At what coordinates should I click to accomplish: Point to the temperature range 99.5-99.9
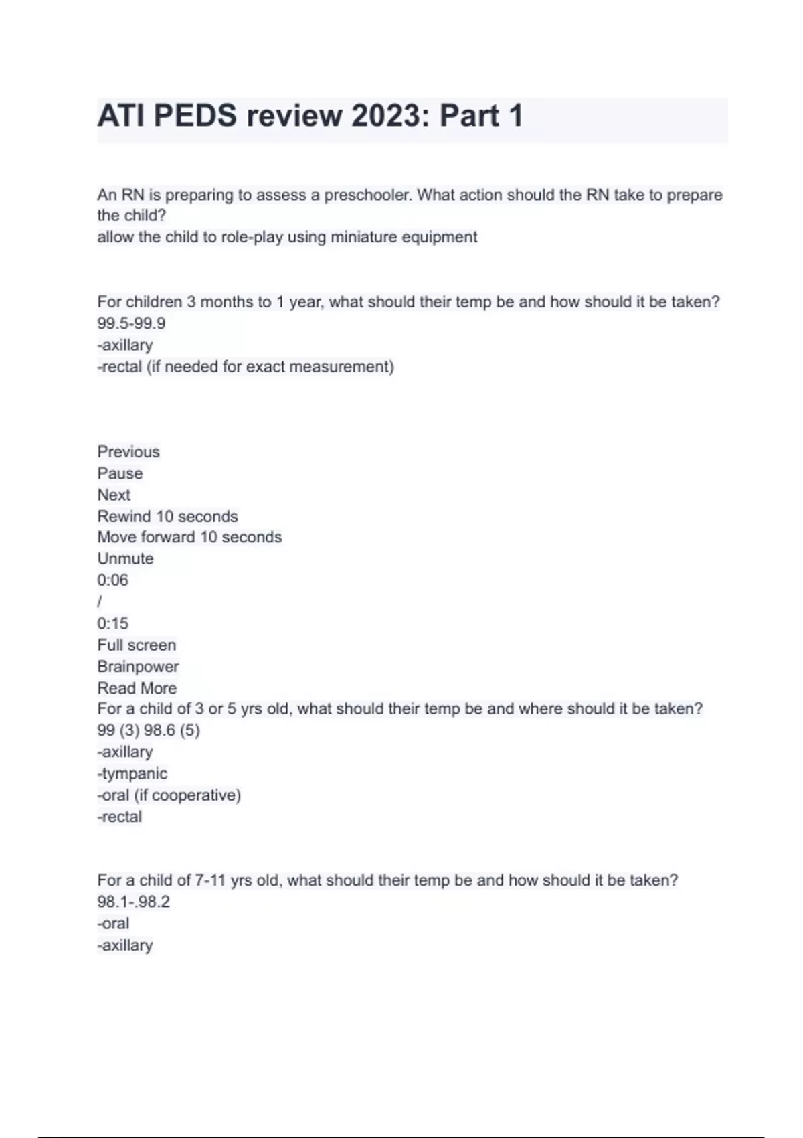pyautogui.click(x=131, y=323)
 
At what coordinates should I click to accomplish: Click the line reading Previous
pyautogui.click(x=128, y=452)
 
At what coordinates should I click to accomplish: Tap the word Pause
pyautogui.click(x=120, y=473)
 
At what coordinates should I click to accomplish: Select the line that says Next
pyautogui.click(x=114, y=495)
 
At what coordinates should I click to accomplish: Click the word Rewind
pyautogui.click(x=124, y=517)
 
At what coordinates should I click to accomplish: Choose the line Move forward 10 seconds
pyautogui.click(x=189, y=537)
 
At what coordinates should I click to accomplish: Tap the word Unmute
pyautogui.click(x=125, y=558)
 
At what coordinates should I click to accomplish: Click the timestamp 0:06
pyautogui.click(x=112, y=580)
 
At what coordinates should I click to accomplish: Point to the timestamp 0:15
pyautogui.click(x=112, y=623)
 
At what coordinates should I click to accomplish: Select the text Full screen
pyautogui.click(x=137, y=645)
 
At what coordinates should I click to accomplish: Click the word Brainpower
pyautogui.click(x=138, y=667)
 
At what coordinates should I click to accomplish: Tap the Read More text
pyautogui.click(x=137, y=688)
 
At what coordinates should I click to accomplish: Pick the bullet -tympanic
pyautogui.click(x=132, y=773)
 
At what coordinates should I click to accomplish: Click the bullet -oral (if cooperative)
pyautogui.click(x=169, y=795)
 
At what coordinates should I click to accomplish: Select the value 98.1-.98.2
pyautogui.click(x=133, y=902)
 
